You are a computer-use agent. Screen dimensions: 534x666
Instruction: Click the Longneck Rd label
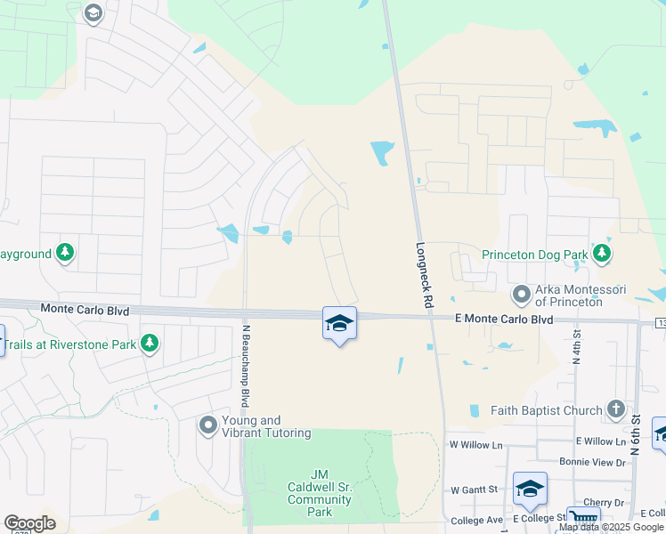point(423,275)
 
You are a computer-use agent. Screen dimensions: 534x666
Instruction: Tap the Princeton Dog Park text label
point(534,255)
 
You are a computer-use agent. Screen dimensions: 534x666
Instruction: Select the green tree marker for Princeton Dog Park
point(603,255)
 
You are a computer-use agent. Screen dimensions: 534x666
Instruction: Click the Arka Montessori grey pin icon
point(521,294)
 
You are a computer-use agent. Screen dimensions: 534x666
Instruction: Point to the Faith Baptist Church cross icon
point(615,410)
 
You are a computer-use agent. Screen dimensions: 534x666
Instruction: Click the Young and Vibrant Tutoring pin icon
point(208,425)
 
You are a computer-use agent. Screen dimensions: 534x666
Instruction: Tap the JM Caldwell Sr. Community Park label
point(319,493)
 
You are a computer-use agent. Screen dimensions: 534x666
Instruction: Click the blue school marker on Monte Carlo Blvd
point(339,323)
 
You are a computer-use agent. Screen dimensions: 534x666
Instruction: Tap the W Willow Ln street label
point(475,443)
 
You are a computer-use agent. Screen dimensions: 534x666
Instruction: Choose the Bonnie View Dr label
point(592,462)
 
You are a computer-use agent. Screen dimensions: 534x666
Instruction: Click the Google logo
point(29,523)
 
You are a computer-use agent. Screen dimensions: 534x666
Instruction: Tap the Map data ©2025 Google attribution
point(611,527)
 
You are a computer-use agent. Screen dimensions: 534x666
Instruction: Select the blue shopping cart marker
point(582,521)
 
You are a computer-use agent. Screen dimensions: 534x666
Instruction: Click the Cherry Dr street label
point(603,503)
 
